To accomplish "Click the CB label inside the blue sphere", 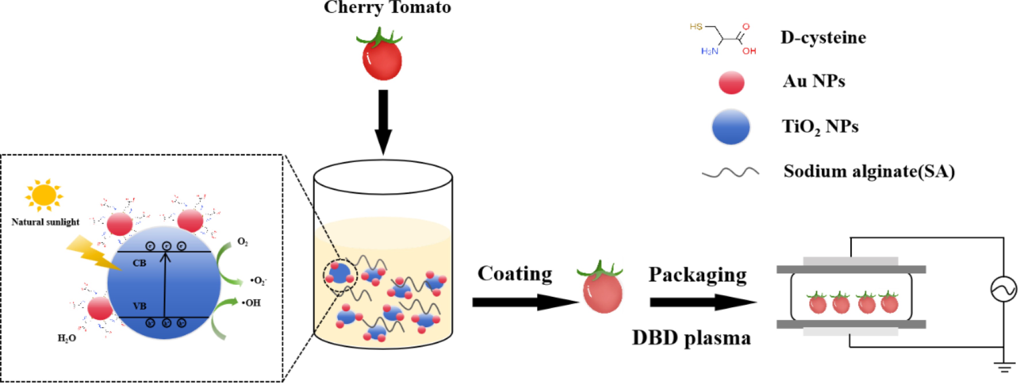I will [x=139, y=263].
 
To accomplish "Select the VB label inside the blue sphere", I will [x=139, y=306].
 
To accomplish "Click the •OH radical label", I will [x=252, y=303].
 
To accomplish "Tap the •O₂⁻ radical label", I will [x=259, y=281].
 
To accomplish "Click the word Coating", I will [x=515, y=274].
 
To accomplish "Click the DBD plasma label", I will [x=691, y=338].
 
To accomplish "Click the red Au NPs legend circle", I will [x=731, y=82].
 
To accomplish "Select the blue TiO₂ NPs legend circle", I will [x=731, y=127].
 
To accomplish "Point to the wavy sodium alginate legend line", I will [x=730, y=173].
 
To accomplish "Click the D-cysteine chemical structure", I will [x=723, y=39].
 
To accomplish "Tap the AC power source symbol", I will [x=1003, y=289].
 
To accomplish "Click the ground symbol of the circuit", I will [x=1004, y=367].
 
